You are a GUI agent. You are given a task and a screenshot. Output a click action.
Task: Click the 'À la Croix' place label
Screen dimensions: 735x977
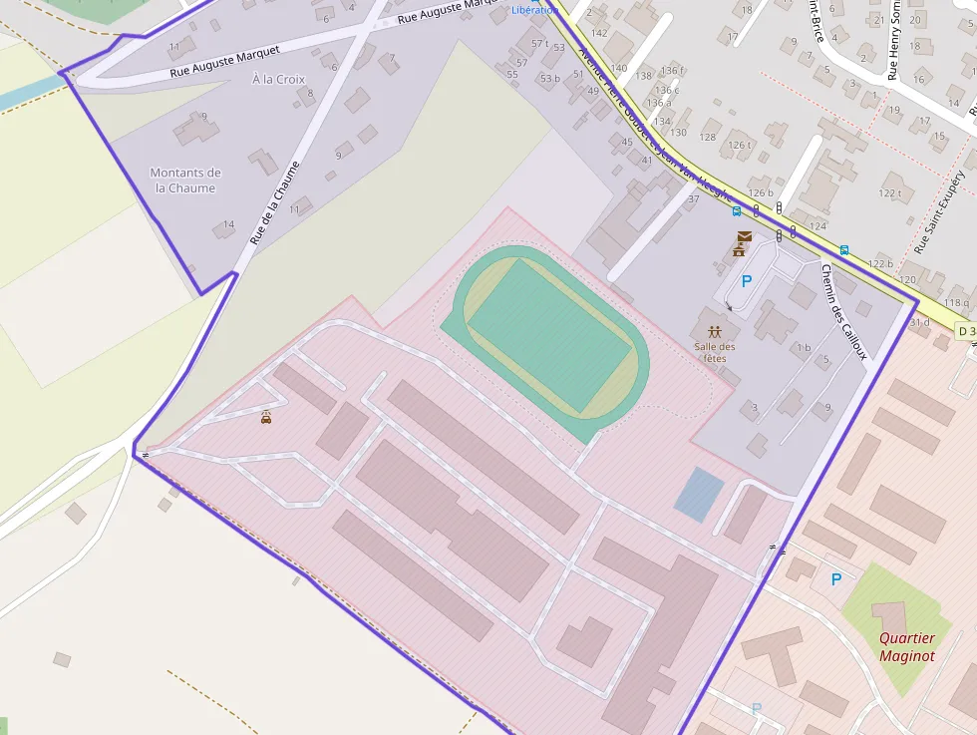[x=278, y=79]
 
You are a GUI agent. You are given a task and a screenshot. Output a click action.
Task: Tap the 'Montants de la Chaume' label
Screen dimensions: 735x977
[x=184, y=181]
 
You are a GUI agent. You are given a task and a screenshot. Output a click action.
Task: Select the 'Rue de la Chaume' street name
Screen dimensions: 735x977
[x=274, y=202]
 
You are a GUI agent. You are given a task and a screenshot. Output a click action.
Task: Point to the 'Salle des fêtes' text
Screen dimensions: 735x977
[x=715, y=352]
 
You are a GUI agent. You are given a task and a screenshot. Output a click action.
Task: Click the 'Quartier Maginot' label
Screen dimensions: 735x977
[x=907, y=646]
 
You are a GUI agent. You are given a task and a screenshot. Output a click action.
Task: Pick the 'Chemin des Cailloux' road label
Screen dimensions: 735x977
[x=844, y=310]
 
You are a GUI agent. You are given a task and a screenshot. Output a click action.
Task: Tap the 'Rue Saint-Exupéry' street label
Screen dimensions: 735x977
[x=940, y=208]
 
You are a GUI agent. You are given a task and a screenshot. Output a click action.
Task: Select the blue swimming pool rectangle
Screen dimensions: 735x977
[x=699, y=494]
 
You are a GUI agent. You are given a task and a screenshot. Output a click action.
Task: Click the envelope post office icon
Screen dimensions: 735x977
[x=743, y=236]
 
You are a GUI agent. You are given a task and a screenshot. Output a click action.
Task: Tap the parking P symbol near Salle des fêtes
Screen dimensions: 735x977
[x=747, y=281]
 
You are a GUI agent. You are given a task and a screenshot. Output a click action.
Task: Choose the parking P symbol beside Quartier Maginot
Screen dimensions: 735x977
[x=835, y=578]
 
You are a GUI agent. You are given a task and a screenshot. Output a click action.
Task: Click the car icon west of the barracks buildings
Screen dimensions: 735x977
[x=266, y=418]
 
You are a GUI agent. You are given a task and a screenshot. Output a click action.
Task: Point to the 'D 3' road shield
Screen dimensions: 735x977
[x=965, y=330]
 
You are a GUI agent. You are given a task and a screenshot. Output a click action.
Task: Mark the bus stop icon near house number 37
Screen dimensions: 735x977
[x=736, y=210]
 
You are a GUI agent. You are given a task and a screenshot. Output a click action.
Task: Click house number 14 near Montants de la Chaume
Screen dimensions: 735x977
[x=229, y=224]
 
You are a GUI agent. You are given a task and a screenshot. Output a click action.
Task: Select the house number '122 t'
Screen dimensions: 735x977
[x=890, y=192]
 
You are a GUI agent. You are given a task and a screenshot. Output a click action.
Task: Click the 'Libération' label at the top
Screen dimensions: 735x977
[x=534, y=10]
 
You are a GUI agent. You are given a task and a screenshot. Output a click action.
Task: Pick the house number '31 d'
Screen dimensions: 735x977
[x=919, y=321]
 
